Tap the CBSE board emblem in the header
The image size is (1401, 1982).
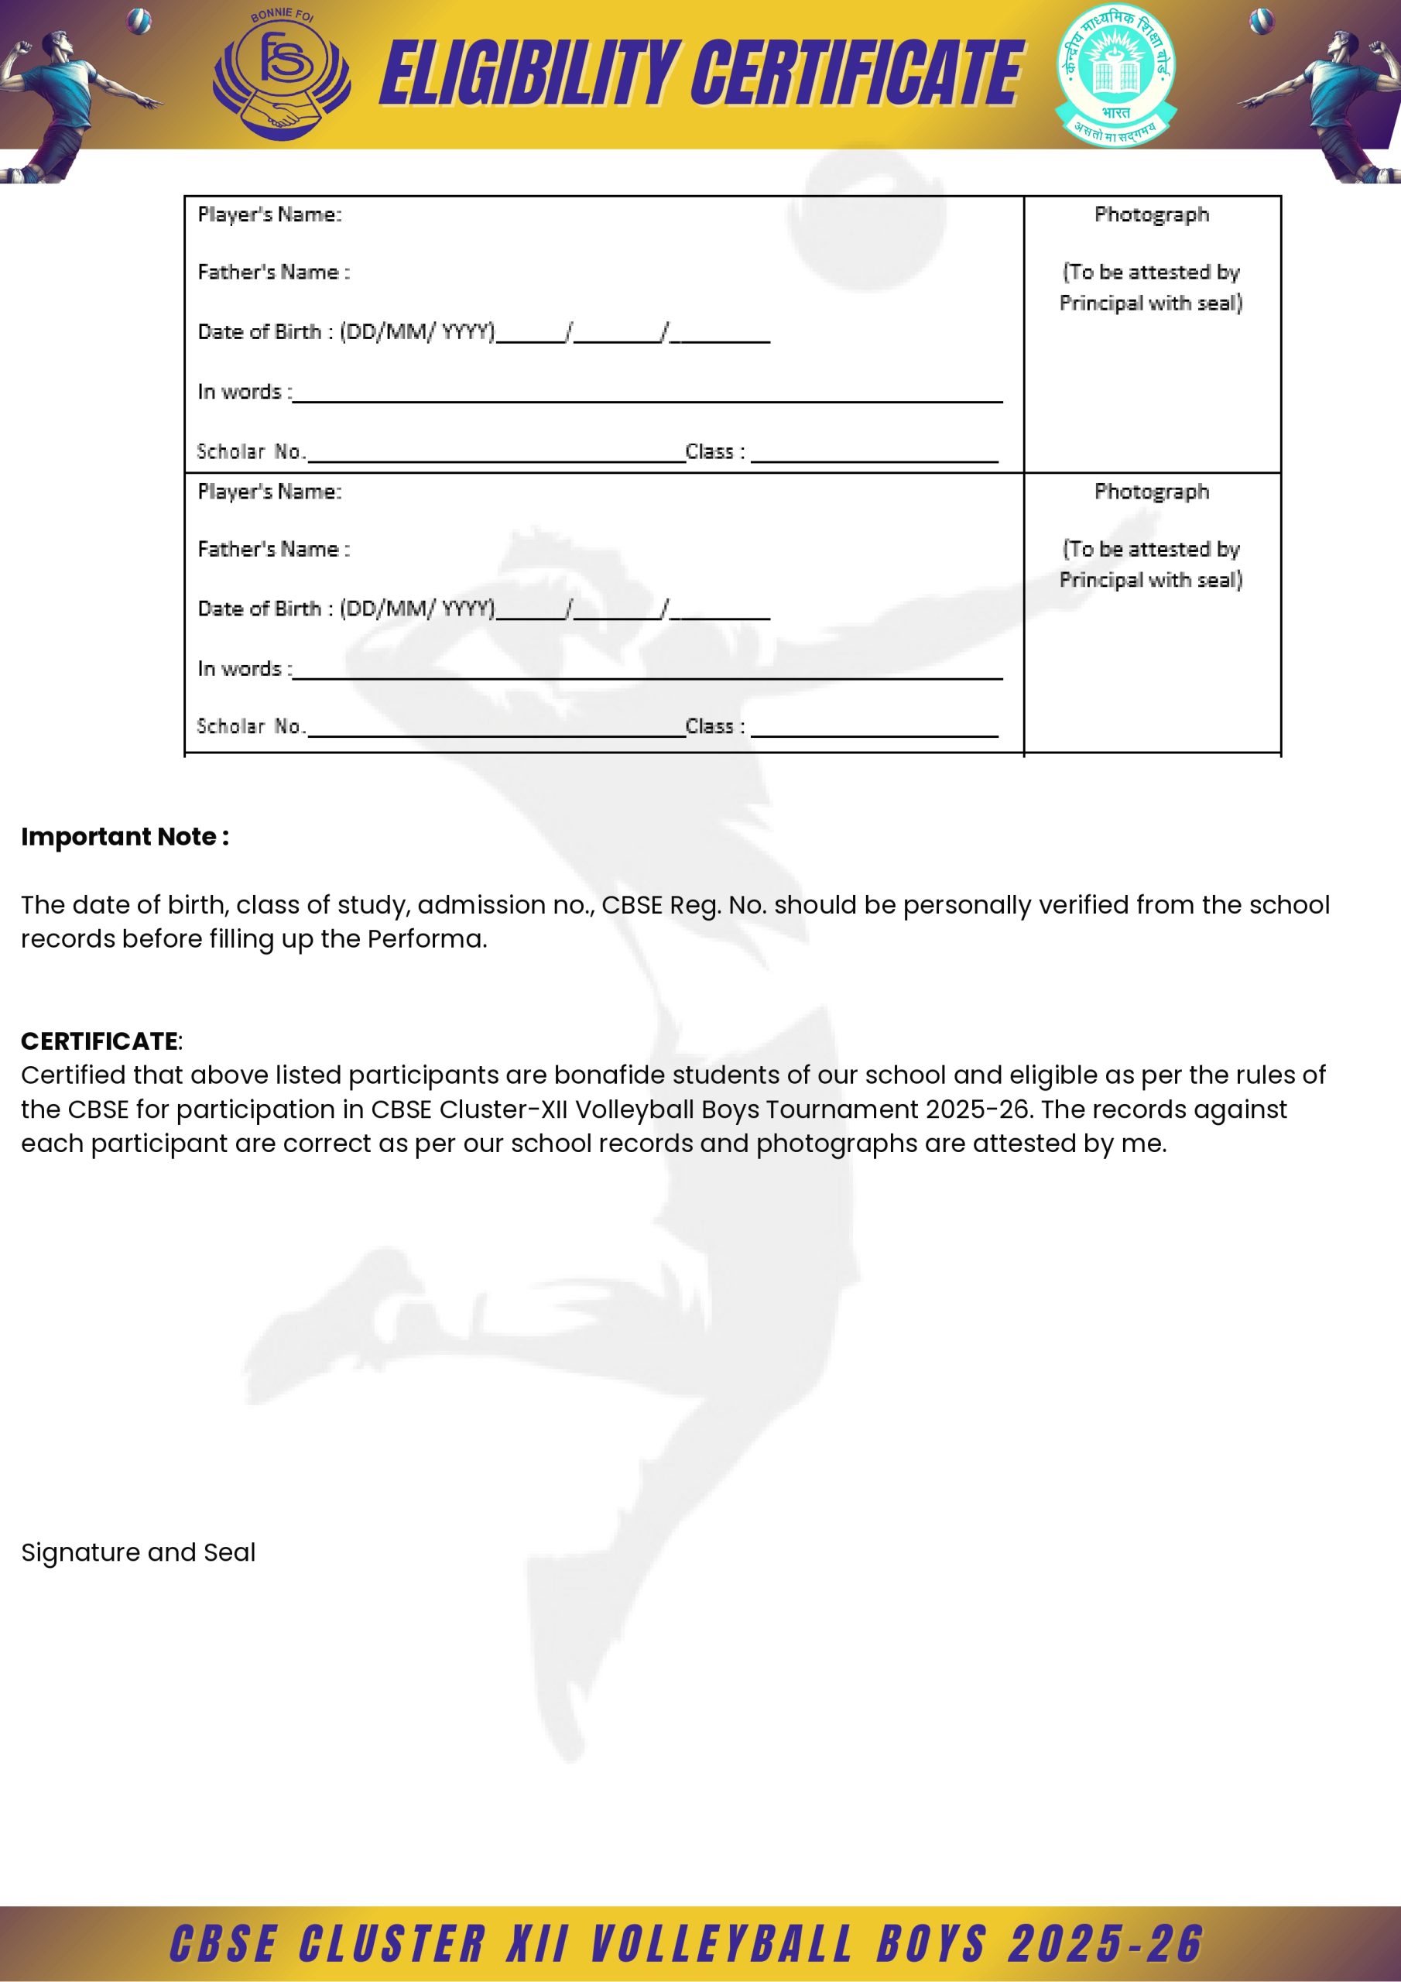(1115, 75)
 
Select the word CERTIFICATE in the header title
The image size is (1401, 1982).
(856, 74)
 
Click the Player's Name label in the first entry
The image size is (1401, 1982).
(269, 215)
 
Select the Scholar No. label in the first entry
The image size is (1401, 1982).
(250, 451)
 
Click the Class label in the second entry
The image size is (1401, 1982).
(714, 727)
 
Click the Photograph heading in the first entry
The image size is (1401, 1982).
(1151, 215)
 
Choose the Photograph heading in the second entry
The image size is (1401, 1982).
(1151, 492)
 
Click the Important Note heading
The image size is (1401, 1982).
(125, 836)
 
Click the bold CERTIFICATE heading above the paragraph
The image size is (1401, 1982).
(100, 1041)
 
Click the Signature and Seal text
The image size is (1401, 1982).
(138, 1552)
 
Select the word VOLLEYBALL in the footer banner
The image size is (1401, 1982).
(721, 1944)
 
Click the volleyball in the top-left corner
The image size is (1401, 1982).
(138, 20)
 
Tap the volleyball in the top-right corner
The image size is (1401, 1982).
(1261, 20)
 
